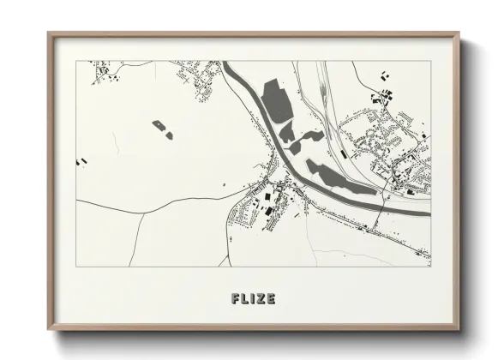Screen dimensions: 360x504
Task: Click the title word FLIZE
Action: tap(253, 298)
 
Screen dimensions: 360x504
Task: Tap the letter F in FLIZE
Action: tap(236, 298)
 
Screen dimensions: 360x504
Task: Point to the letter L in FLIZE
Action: tap(245, 298)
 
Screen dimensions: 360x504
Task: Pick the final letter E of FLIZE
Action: tap(270, 298)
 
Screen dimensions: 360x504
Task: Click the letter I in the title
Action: tap(252, 298)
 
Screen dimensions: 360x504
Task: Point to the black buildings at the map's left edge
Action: tap(82, 160)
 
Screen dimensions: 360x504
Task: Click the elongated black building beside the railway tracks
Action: tap(343, 154)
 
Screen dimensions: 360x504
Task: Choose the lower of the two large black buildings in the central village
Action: tap(265, 207)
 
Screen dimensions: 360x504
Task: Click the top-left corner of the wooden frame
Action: tap(49, 34)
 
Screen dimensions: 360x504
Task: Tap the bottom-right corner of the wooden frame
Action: tap(459, 330)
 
